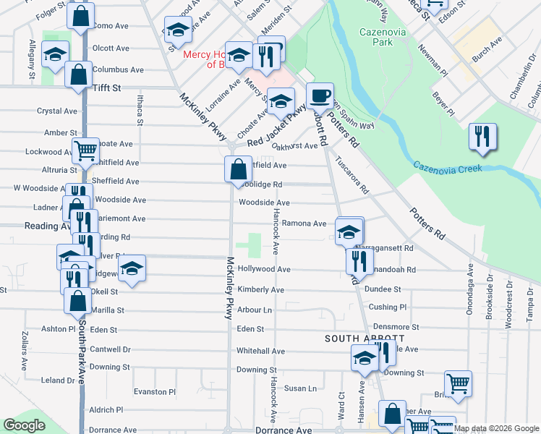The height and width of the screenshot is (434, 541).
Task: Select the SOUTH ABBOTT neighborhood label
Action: [363, 339]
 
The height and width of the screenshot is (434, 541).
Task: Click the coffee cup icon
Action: [319, 95]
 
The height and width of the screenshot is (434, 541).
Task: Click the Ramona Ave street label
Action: [304, 224]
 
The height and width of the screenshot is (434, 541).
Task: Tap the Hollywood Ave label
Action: [263, 269]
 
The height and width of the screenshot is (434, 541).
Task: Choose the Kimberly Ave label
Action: [260, 289]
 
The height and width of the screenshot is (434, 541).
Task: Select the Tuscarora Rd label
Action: [352, 178]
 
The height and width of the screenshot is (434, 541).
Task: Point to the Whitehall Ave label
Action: [260, 351]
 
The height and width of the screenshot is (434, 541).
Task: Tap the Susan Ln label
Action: [300, 388]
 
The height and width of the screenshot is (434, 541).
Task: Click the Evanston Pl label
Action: [155, 392]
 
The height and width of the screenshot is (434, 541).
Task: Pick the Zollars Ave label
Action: [24, 349]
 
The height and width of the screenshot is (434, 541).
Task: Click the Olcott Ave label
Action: [111, 48]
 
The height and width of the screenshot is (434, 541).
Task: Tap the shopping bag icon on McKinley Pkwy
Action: [238, 170]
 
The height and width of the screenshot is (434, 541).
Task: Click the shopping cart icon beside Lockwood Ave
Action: [85, 151]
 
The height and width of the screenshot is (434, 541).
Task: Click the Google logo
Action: [25, 426]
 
